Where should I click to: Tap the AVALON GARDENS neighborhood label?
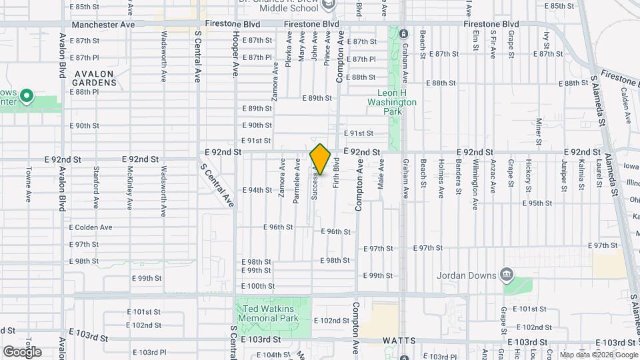pyautogui.click(x=95, y=78)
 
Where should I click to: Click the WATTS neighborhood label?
pyautogui.click(x=400, y=341)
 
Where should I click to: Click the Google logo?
pyautogui.click(x=21, y=351)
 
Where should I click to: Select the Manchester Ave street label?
pyautogui.click(x=103, y=24)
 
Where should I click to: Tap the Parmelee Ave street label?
pyautogui.click(x=297, y=180)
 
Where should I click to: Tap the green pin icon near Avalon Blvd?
pyautogui.click(x=26, y=97)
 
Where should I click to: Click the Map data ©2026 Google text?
pyautogui.click(x=598, y=355)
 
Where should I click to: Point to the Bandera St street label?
pyautogui.click(x=459, y=176)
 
